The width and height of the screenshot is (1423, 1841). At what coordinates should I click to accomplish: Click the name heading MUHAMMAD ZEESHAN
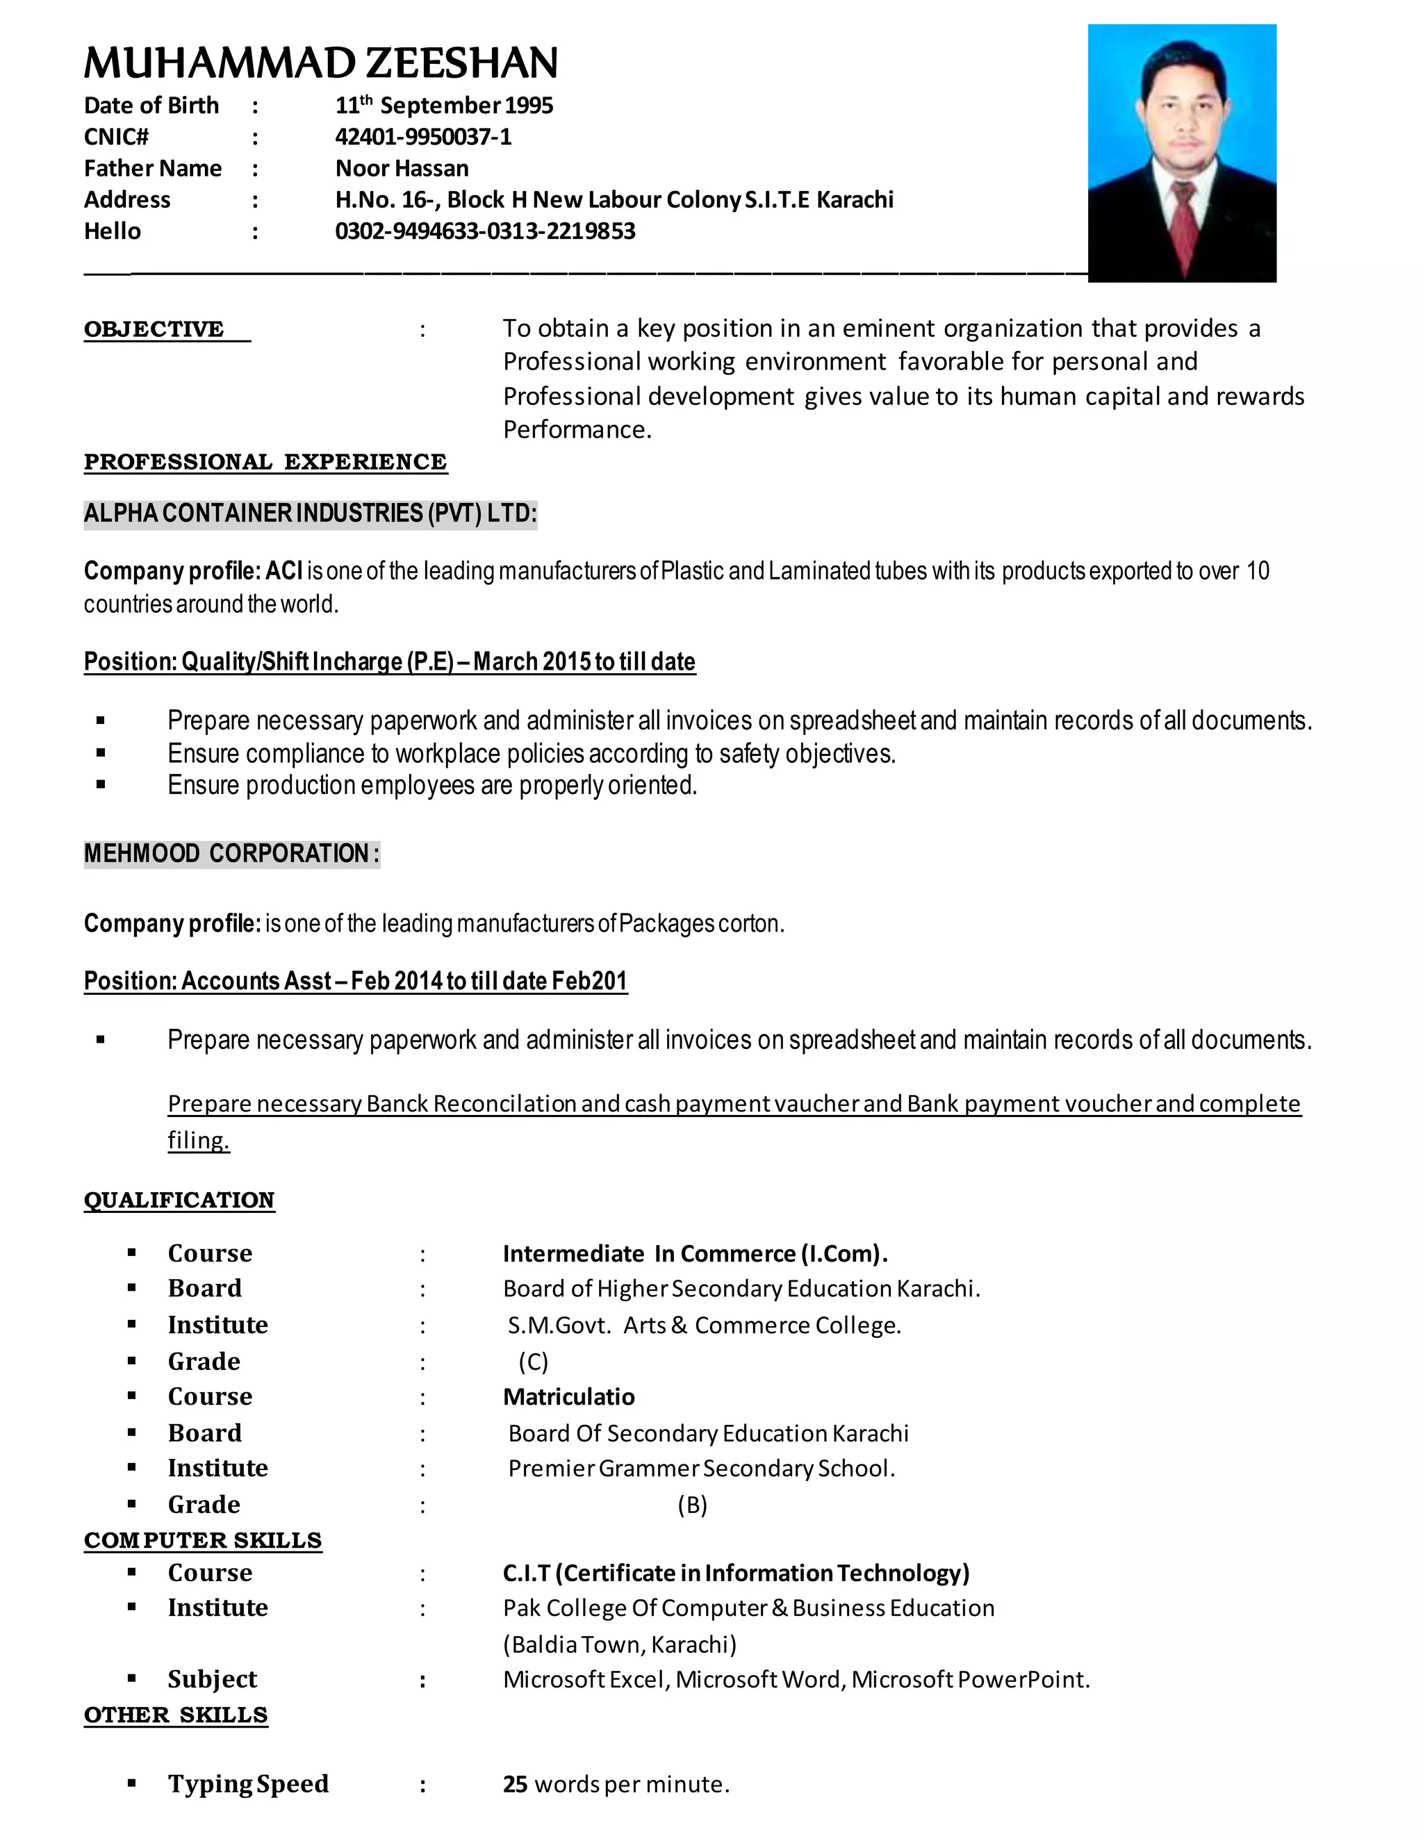(x=320, y=63)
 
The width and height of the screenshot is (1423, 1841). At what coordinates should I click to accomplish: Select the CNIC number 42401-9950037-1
(x=423, y=137)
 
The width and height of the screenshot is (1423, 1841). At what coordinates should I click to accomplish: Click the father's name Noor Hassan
(x=402, y=169)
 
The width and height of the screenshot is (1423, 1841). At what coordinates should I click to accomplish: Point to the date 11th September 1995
(x=443, y=106)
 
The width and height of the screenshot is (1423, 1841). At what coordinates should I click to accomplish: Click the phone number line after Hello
(x=485, y=231)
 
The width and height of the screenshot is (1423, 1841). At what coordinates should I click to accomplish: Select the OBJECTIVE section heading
(x=154, y=329)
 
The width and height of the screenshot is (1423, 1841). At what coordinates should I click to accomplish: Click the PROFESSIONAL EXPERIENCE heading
(x=265, y=462)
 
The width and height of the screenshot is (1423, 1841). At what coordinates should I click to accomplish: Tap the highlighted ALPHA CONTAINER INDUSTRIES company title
(x=310, y=513)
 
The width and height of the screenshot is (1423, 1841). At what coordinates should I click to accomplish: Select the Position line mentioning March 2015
(x=390, y=661)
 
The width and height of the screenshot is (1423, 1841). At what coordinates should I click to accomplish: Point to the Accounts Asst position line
(x=355, y=981)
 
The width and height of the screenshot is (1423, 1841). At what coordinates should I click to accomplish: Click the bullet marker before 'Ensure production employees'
(x=101, y=785)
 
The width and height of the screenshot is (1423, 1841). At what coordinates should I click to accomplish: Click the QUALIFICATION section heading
(x=179, y=1200)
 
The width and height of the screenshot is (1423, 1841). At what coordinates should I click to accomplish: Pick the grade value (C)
(x=533, y=1362)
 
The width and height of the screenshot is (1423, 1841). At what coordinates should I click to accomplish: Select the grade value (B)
(x=692, y=1505)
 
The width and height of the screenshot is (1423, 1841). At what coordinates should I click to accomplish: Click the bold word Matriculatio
(x=568, y=1397)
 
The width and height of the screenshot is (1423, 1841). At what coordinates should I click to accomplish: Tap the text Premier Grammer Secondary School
(x=701, y=1469)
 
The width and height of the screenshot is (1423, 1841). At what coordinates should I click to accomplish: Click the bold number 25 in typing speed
(x=515, y=1785)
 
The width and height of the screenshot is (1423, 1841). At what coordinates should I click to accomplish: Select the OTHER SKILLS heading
(x=175, y=1715)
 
